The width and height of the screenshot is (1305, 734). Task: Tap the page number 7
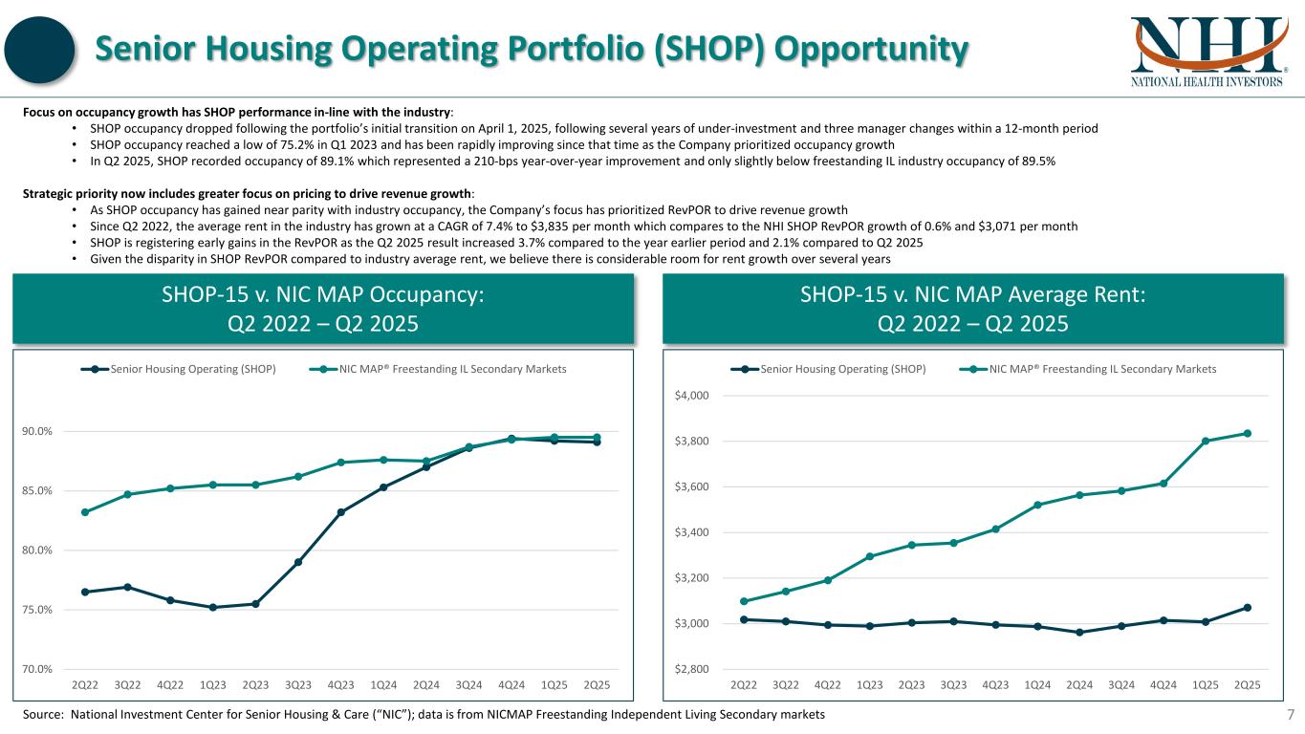(1290, 715)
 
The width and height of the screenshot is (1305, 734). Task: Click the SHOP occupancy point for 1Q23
(213, 607)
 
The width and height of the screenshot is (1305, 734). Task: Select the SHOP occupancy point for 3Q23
(298, 562)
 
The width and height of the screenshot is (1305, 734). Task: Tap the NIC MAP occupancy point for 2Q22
(85, 512)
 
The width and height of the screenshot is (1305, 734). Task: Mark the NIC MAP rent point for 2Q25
(1248, 433)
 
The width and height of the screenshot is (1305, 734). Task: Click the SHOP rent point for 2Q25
(1248, 607)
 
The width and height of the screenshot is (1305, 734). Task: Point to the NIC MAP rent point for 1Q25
(1206, 441)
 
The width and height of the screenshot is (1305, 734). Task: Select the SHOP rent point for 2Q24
(1079, 632)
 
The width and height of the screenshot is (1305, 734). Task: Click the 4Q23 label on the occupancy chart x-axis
(340, 685)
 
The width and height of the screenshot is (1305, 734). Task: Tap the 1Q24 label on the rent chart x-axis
(1037, 685)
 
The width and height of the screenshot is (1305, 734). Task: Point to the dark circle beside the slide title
(42, 51)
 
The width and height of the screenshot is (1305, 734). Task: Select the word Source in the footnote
(41, 715)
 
